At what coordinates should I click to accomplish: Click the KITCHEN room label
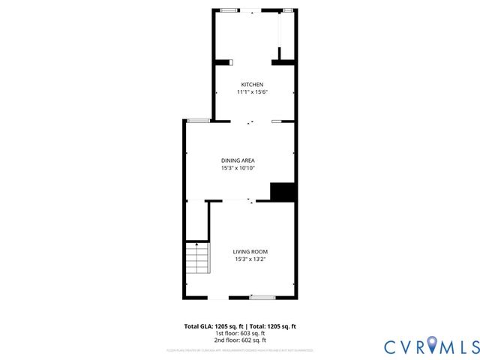[x=251, y=84]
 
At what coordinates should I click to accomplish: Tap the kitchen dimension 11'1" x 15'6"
[x=252, y=91]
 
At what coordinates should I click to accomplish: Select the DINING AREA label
[x=238, y=160]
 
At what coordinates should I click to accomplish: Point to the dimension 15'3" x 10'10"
[x=238, y=169]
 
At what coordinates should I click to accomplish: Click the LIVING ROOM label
[x=250, y=251]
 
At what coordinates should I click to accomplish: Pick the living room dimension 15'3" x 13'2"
[x=250, y=259]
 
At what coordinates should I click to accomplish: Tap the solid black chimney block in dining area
[x=282, y=192]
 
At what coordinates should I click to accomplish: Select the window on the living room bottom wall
[x=262, y=298]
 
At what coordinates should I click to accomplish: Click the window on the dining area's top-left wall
[x=198, y=121]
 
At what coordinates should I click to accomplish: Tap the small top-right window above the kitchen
[x=287, y=10]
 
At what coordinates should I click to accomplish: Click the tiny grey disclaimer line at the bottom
[x=240, y=350]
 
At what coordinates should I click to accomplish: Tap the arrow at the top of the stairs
[x=196, y=244]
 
